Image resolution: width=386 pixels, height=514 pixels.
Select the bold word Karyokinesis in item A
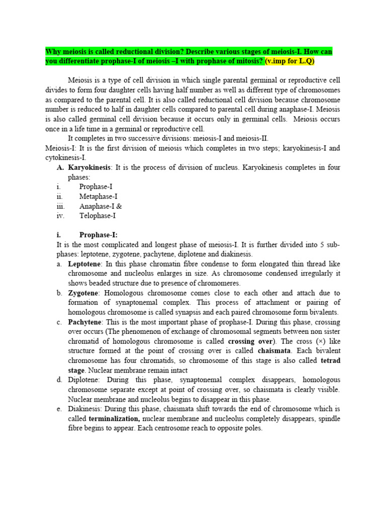coord(89,168)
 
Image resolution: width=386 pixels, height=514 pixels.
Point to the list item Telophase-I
coord(98,216)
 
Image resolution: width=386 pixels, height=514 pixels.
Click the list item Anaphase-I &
coord(101,206)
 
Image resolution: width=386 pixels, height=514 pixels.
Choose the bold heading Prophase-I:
coord(99,235)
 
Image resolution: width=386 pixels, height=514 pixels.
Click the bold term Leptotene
coord(85,264)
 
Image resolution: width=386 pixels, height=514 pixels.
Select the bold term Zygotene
coord(84,293)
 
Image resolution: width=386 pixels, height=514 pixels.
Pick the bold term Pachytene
coord(85,322)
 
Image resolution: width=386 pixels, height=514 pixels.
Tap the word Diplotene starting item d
coord(84,380)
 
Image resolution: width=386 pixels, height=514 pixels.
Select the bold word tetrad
coord(330,360)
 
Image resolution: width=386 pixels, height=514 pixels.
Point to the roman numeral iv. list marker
coord(60,216)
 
